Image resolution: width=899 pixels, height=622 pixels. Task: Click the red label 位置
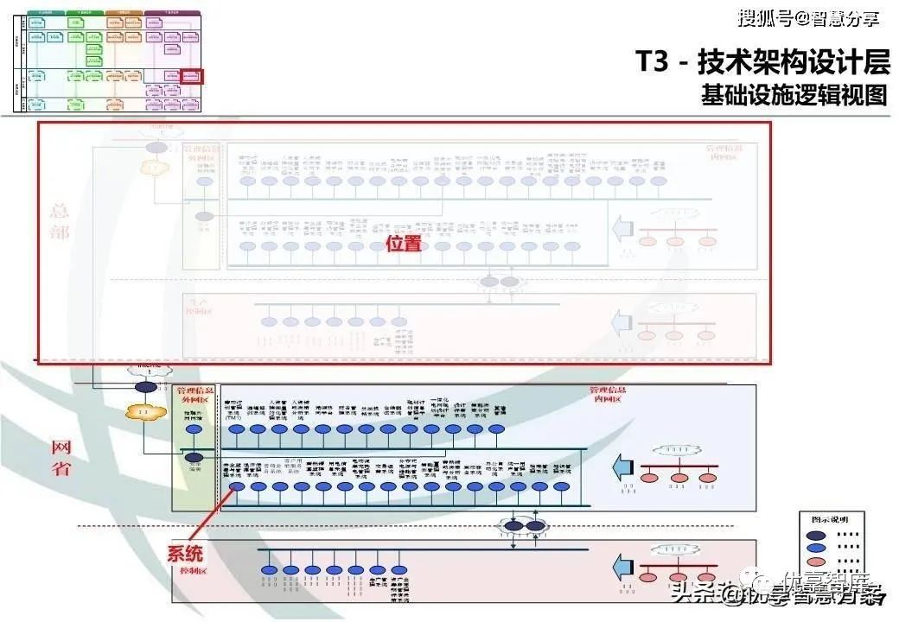pyautogui.click(x=404, y=243)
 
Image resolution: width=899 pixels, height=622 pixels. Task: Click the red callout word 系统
pyautogui.click(x=185, y=553)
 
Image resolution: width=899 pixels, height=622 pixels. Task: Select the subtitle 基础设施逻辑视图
pyautogui.click(x=794, y=96)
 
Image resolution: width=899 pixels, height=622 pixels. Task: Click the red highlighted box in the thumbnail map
pyautogui.click(x=191, y=76)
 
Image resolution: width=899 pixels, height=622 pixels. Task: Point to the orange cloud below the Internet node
pyautogui.click(x=145, y=413)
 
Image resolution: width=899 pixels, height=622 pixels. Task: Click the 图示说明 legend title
pyautogui.click(x=829, y=520)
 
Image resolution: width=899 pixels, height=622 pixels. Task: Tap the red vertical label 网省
pyautogui.click(x=61, y=459)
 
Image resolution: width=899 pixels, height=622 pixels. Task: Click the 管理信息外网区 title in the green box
pyautogui.click(x=196, y=395)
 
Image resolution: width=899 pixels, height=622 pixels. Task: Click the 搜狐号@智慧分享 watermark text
pyautogui.click(x=807, y=16)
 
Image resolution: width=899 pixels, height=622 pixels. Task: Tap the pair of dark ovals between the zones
pyautogui.click(x=525, y=525)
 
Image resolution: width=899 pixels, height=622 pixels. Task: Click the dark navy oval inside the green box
pyautogui.click(x=195, y=457)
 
